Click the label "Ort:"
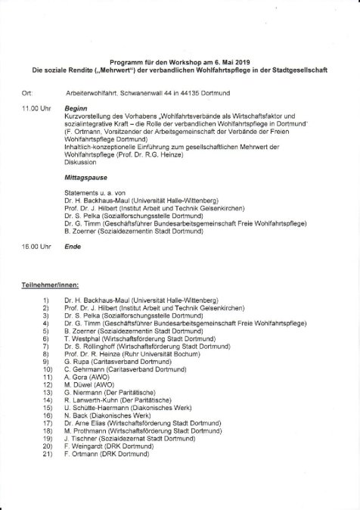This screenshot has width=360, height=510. click(28, 92)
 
